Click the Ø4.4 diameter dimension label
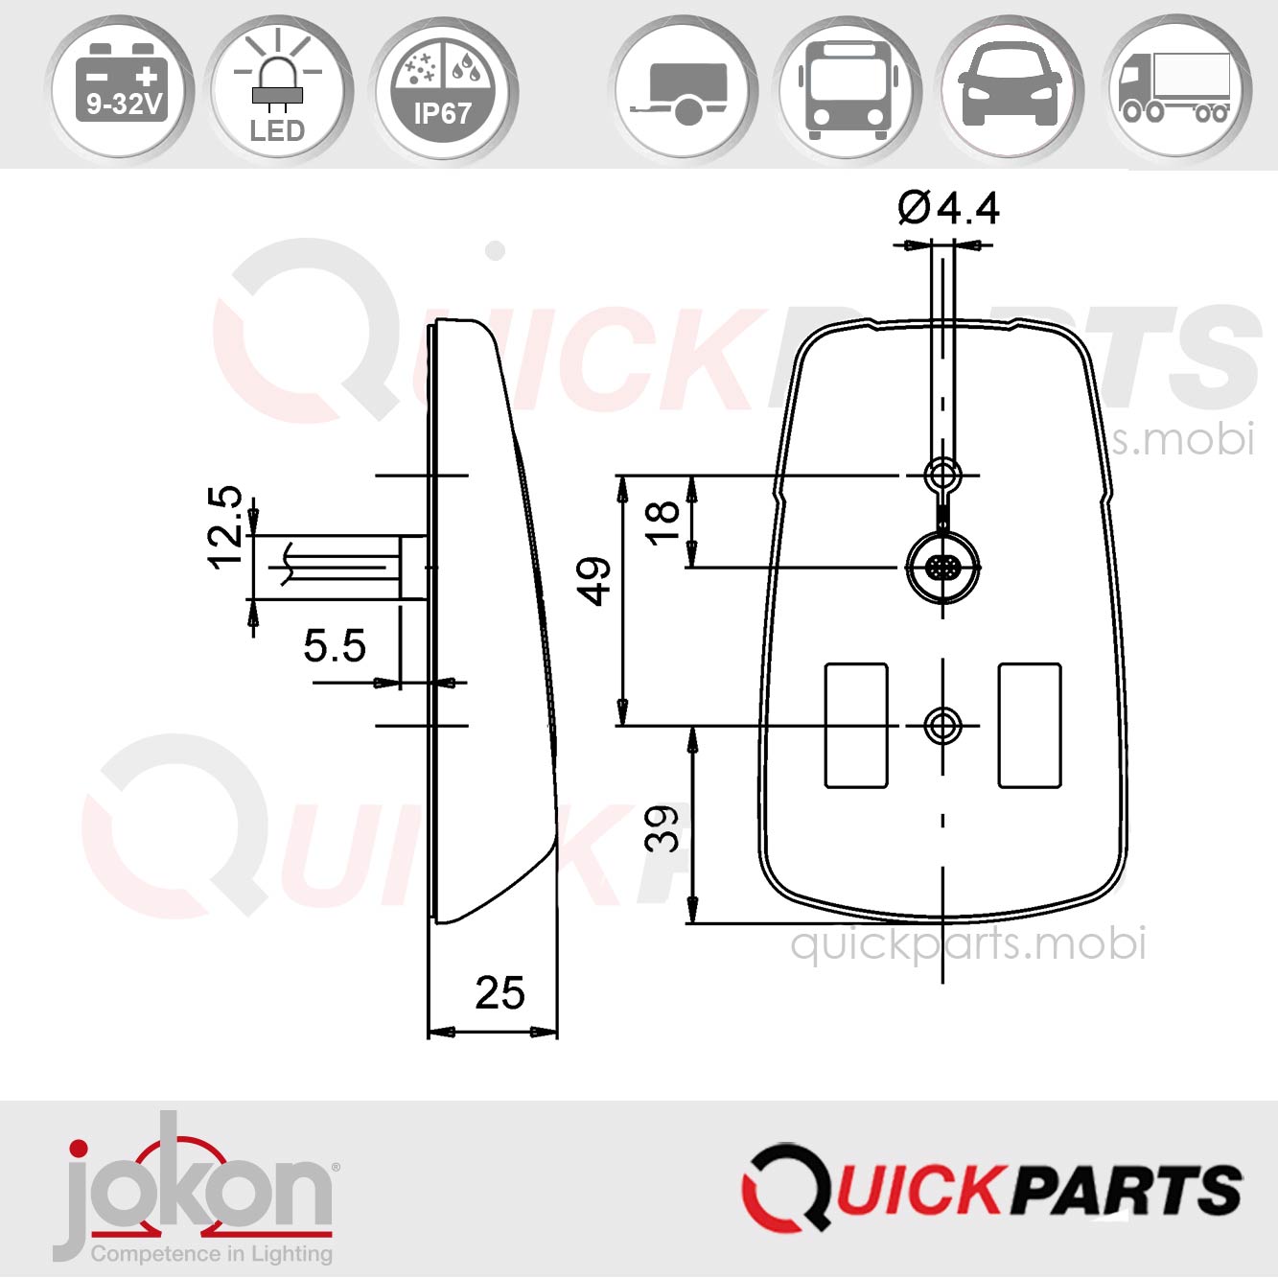948,208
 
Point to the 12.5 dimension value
226,527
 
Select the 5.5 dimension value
335,646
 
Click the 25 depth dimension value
500,993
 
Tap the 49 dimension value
594,581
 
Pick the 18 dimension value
663,523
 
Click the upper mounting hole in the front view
942,474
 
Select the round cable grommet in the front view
943,567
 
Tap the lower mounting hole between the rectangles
943,726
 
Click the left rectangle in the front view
856,726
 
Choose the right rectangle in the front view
1030,726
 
